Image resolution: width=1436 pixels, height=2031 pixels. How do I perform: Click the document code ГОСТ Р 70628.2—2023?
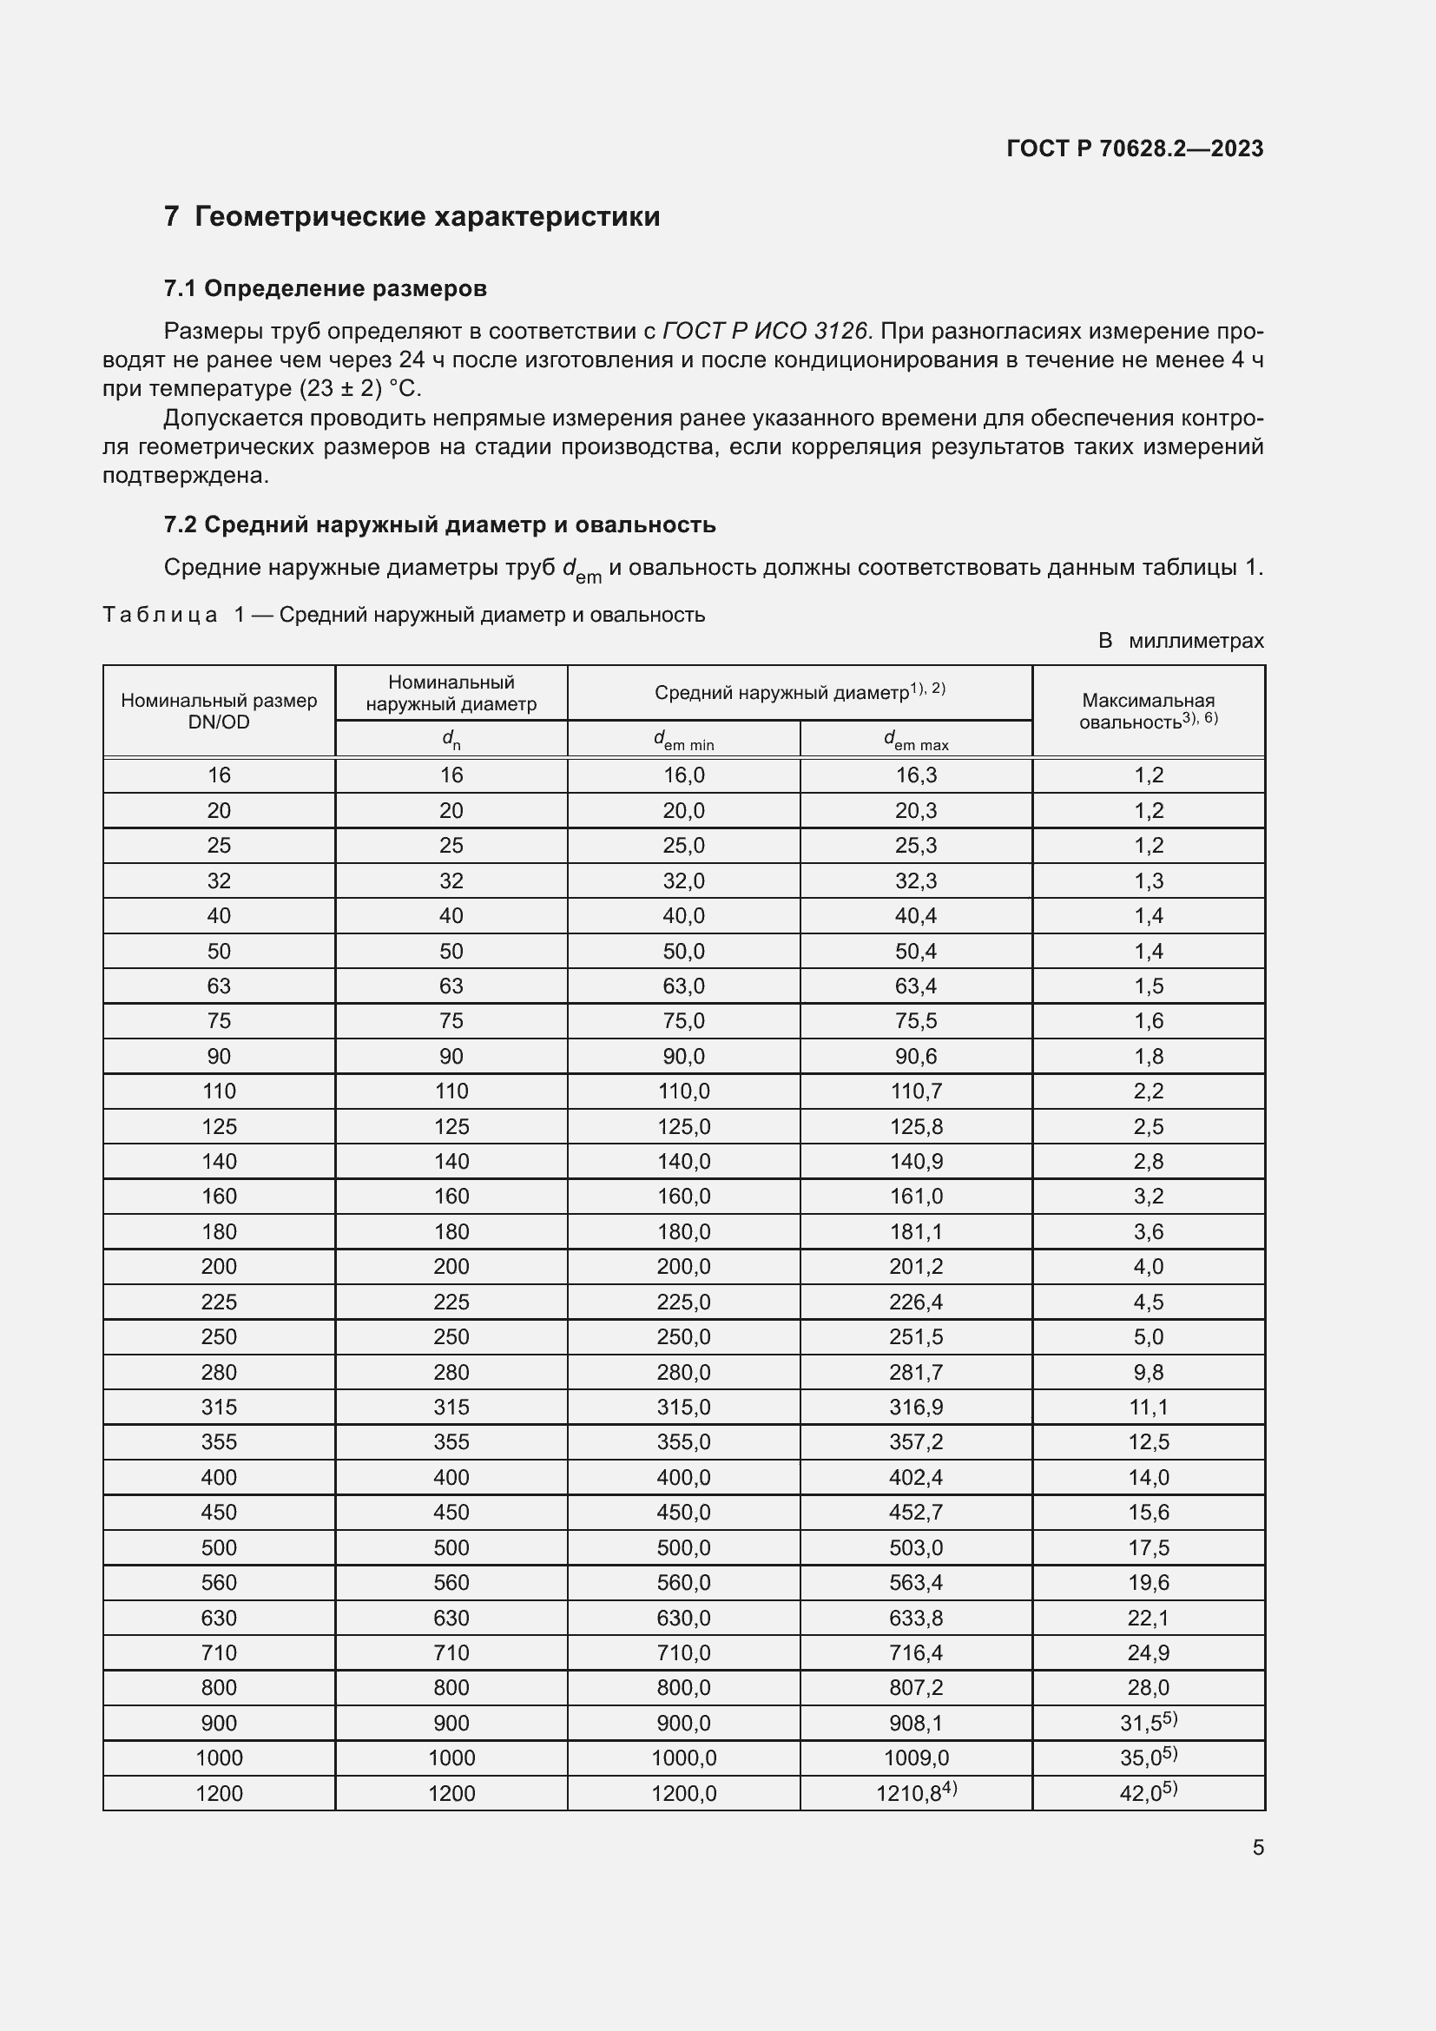[1135, 148]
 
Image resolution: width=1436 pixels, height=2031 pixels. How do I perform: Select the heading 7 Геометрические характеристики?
[412, 217]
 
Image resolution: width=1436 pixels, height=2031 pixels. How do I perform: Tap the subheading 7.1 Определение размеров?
[326, 288]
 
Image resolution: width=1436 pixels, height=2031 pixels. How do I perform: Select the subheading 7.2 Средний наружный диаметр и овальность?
[439, 524]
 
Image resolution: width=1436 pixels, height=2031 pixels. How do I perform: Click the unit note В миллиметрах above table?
[1181, 641]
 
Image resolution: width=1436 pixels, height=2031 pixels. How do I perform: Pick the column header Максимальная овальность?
[1148, 711]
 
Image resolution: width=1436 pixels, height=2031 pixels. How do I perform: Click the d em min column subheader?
[683, 740]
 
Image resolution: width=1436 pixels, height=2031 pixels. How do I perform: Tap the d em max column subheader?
[916, 740]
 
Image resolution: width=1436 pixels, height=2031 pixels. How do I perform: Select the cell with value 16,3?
[916, 775]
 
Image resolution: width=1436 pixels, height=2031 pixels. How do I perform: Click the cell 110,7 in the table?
[916, 1091]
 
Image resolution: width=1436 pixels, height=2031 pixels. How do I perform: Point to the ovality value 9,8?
[1148, 1372]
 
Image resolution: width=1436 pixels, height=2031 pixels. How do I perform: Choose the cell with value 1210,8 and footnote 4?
[916, 1793]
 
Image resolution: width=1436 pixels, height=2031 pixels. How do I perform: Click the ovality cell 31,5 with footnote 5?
[1148, 1722]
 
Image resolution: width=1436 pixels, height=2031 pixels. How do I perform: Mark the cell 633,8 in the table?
[916, 1618]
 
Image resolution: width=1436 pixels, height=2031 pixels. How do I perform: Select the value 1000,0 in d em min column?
[683, 1757]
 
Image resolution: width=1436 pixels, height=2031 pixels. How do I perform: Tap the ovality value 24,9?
[1148, 1652]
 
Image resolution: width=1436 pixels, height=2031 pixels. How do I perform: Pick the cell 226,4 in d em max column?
[916, 1302]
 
